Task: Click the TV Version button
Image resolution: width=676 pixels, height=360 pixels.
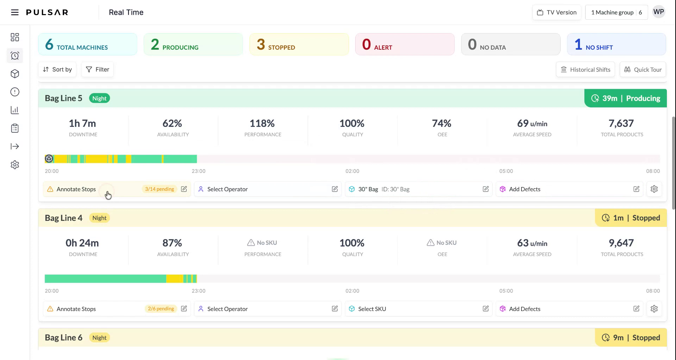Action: tap(557, 12)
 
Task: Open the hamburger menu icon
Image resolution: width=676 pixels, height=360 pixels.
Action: tap(15, 12)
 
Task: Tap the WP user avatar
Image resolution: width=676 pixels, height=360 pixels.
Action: tap(658, 12)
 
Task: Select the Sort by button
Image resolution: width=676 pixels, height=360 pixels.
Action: tap(57, 69)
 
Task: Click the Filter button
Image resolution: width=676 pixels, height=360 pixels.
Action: tap(98, 69)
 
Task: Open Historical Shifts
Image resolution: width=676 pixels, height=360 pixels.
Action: tap(585, 69)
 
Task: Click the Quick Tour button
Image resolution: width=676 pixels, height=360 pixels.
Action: tap(643, 69)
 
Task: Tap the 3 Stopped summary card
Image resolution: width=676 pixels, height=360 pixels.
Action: tap(299, 44)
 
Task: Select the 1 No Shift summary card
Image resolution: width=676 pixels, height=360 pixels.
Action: tap(616, 44)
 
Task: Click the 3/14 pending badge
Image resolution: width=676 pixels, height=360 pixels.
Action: tap(159, 189)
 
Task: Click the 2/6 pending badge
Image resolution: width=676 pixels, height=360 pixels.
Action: tap(161, 309)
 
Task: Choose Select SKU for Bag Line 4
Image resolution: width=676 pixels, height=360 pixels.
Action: tap(372, 309)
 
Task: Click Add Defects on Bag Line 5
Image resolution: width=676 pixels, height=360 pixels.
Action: tap(524, 189)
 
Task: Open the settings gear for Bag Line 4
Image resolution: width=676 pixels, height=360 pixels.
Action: tap(654, 309)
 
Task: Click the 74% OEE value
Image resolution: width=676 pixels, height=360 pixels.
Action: tap(442, 124)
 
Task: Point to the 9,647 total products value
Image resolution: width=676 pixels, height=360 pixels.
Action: tap(621, 243)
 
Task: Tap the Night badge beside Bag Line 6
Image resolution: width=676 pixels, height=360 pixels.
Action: tap(99, 338)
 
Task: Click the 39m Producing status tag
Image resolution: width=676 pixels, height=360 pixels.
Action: tap(626, 98)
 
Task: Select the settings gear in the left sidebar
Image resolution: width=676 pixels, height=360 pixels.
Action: tap(15, 165)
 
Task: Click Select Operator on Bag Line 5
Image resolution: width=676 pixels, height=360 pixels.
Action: tap(227, 189)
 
